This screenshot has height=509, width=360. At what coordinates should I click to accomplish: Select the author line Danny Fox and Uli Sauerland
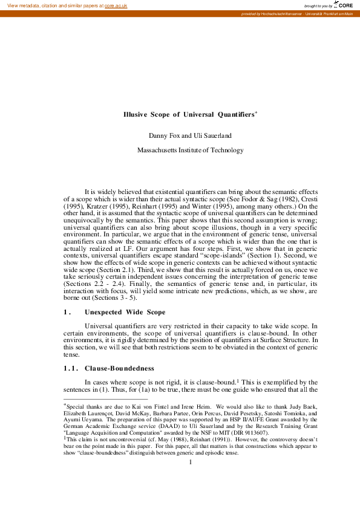click(x=190, y=135)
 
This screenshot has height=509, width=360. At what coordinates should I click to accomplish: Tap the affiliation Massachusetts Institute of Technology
click(x=190, y=151)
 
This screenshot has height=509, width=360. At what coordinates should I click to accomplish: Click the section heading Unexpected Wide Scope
click(x=125, y=312)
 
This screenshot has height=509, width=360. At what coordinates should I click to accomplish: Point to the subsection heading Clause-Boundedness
click(x=119, y=368)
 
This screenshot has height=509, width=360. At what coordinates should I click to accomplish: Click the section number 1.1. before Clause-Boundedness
click(x=71, y=368)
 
